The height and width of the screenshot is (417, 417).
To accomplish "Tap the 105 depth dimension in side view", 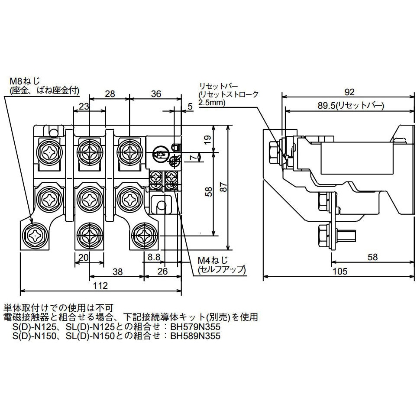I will tap(341, 272).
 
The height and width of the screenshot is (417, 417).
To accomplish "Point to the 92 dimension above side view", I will tap(350, 92).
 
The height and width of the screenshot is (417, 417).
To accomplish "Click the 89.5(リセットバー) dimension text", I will tap(350, 105).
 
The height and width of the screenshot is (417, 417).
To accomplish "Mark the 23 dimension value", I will tap(84, 107).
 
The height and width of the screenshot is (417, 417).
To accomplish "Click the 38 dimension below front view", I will tap(116, 272).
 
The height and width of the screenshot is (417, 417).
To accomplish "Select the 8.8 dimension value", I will tap(154, 257).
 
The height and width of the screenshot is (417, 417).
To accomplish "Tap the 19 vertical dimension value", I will tap(207, 139).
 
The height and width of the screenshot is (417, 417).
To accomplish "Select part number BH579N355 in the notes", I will tap(195, 327).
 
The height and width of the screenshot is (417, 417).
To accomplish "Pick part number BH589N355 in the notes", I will tap(195, 336).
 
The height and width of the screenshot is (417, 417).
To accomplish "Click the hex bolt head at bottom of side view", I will tap(324, 234).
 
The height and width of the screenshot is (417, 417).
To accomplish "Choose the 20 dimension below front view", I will tap(84, 257).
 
